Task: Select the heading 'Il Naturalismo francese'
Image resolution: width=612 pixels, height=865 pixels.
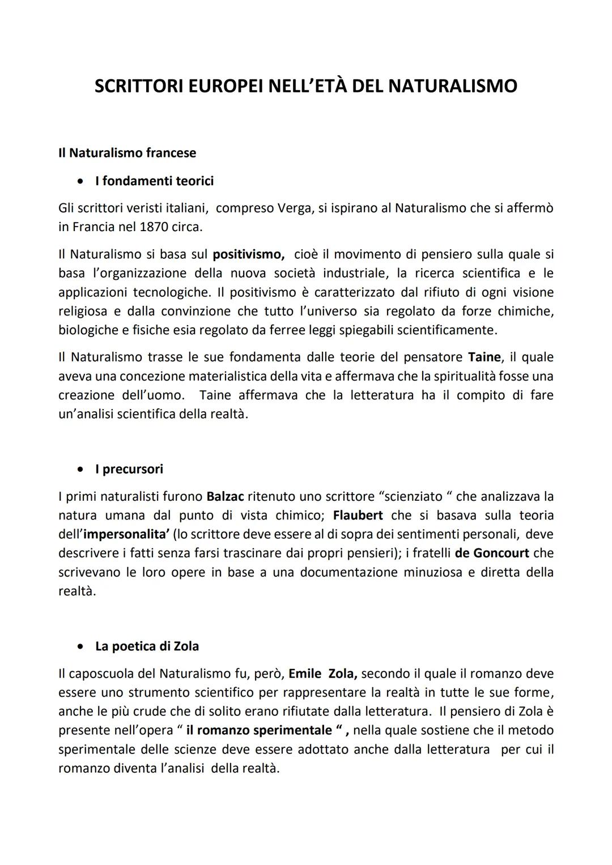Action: [127, 153]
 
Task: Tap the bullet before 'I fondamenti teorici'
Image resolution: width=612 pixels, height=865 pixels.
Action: [83, 181]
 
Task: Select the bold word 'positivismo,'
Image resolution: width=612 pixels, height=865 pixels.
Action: [248, 254]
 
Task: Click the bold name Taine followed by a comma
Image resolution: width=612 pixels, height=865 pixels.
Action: [485, 357]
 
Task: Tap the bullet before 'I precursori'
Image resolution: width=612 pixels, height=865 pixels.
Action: [83, 469]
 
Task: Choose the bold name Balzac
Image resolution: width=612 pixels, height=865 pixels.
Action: [225, 497]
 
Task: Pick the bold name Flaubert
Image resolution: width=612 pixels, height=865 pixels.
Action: [358, 515]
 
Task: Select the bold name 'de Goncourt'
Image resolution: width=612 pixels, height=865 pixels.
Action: [492, 553]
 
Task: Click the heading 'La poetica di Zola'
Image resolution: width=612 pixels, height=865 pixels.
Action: [147, 646]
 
